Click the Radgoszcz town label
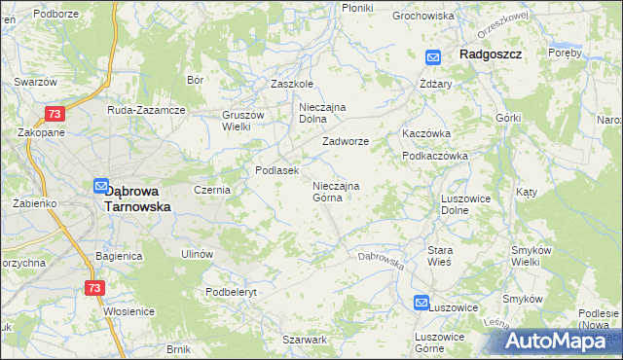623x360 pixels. [x=492, y=56]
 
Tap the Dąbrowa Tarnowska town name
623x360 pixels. [x=137, y=198]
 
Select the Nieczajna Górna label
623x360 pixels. [x=336, y=191]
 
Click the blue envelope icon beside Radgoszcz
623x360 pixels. [x=433, y=57]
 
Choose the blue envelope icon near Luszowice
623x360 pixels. [x=421, y=304]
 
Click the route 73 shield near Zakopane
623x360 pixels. [x=55, y=114]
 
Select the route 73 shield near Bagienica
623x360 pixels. [x=93, y=288]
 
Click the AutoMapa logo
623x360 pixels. [x=559, y=341]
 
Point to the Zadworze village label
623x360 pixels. [x=346, y=141]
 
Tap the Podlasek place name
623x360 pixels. [x=275, y=170]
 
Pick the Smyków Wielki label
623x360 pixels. [x=533, y=256]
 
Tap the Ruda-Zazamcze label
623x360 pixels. [x=146, y=110]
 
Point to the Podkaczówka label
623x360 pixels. [x=435, y=156]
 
